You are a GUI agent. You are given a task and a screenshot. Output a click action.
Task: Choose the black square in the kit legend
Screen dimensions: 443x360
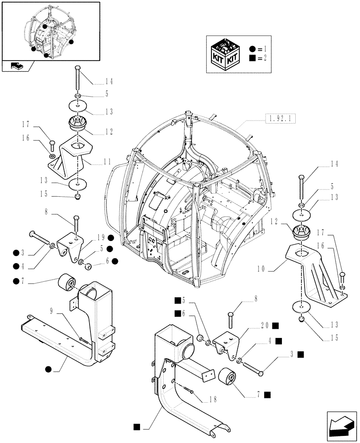point(252,58)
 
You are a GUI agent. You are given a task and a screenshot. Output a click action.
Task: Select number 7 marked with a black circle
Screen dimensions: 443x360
point(30,281)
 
